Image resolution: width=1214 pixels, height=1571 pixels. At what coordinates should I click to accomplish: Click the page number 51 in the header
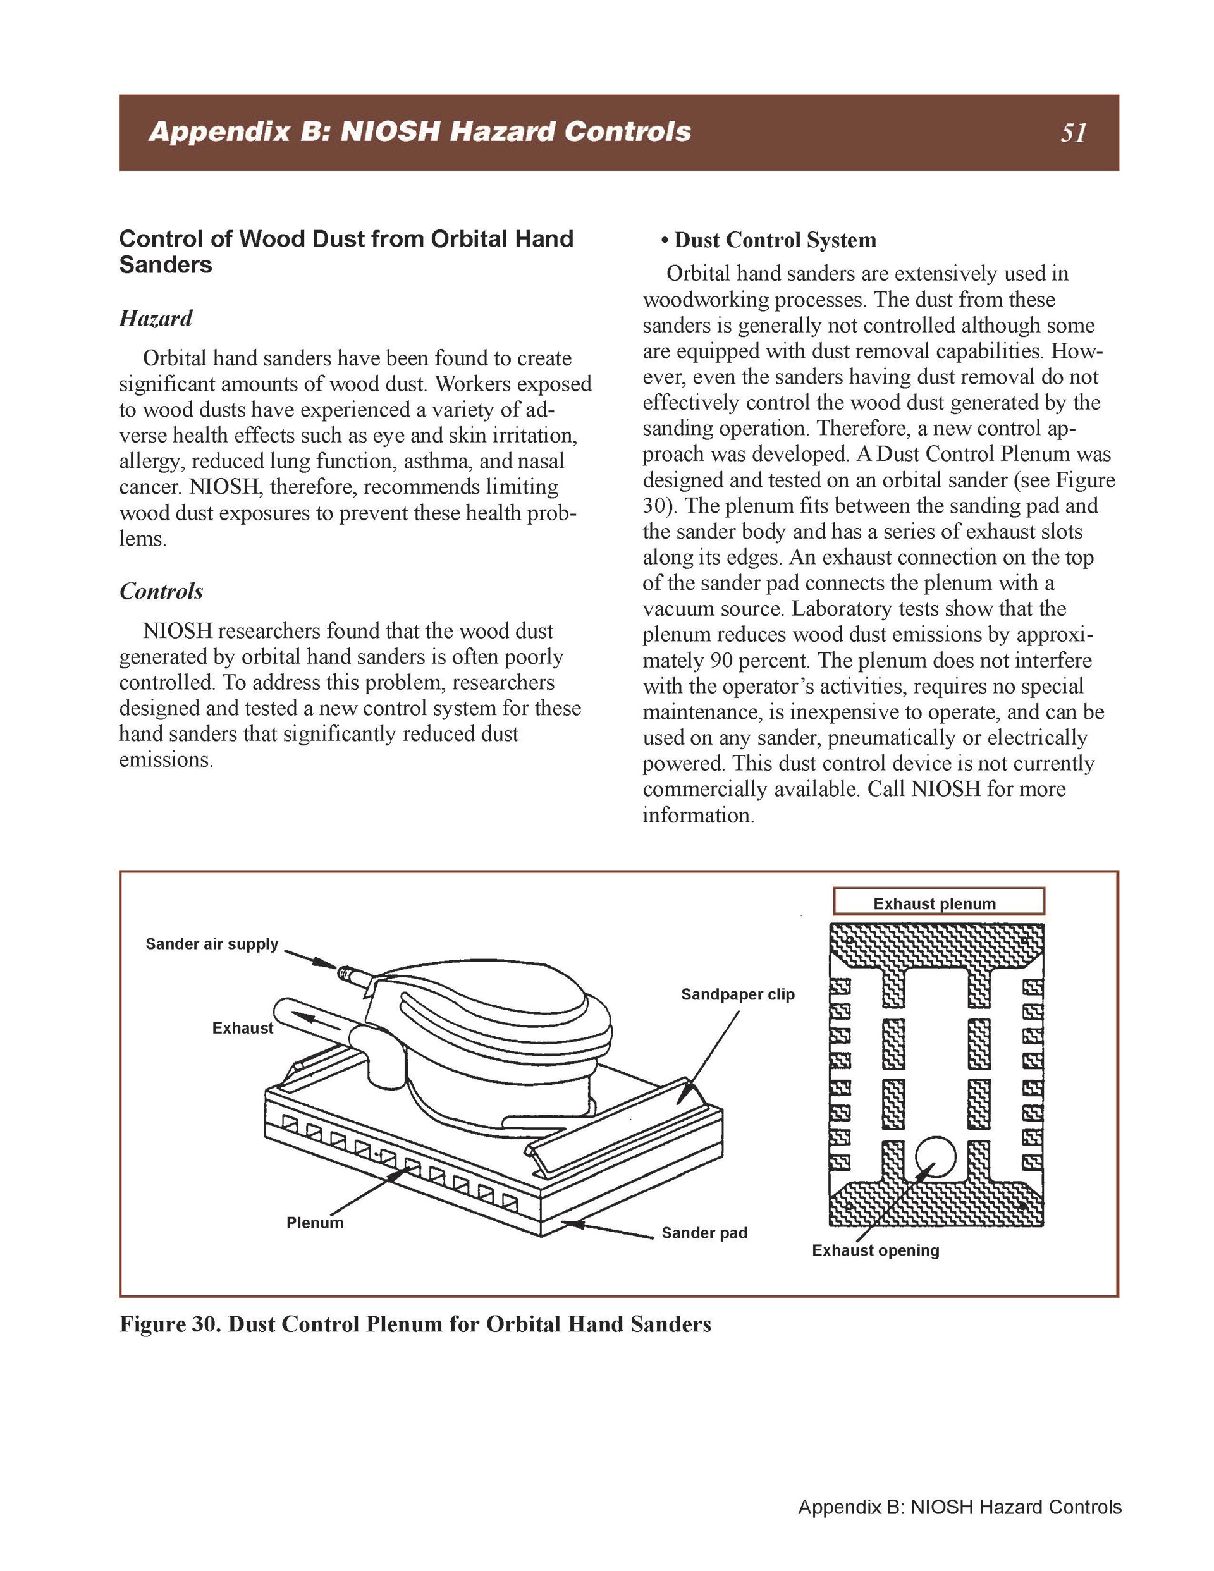pos(1072,133)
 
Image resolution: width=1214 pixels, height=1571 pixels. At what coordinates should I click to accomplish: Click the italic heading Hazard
pos(156,318)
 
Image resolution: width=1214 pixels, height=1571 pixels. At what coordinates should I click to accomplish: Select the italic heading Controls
pos(161,590)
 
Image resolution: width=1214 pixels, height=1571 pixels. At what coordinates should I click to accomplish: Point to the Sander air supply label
pos(212,944)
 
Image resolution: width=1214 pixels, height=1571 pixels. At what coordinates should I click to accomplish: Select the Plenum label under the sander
pos(314,1222)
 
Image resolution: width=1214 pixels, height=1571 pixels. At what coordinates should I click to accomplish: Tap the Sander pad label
pos(704,1232)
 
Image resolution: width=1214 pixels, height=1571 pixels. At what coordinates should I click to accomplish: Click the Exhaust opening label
pos(875,1250)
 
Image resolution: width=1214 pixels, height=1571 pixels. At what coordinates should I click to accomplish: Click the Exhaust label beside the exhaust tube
pos(243,1028)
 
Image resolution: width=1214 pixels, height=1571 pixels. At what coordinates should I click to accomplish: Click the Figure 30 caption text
pos(415,1324)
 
